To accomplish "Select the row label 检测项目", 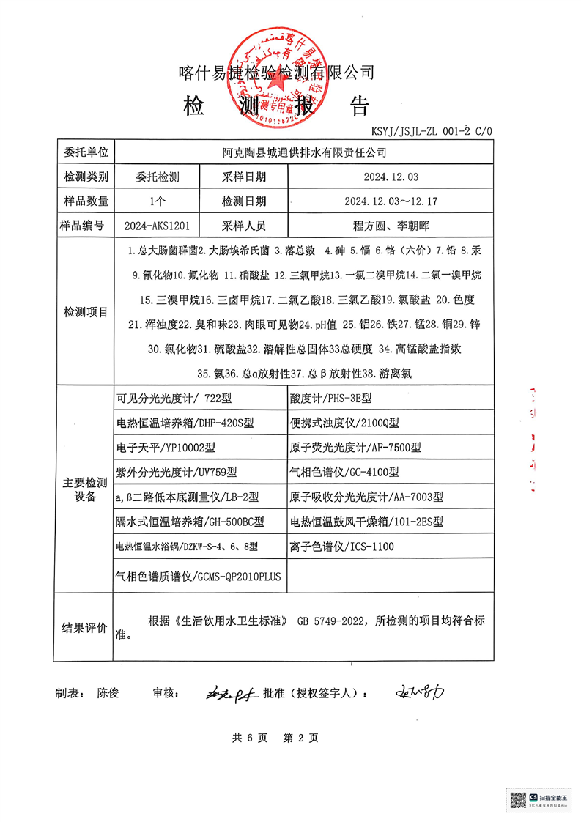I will (x=86, y=312).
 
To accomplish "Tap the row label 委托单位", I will (x=86, y=152).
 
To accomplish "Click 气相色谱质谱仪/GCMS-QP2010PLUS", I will (x=199, y=576).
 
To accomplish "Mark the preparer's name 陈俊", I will (x=108, y=692).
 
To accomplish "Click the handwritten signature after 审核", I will (x=227, y=692).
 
